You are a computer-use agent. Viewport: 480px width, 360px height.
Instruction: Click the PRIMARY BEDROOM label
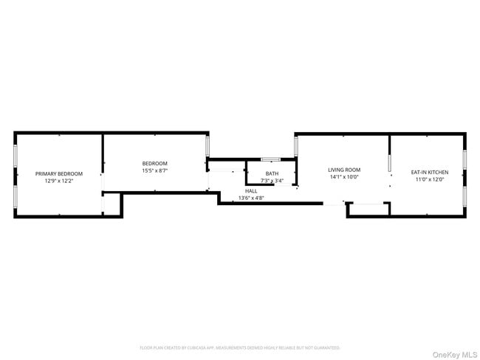[59, 173]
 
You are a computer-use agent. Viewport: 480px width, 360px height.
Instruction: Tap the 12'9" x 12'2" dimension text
[59, 180]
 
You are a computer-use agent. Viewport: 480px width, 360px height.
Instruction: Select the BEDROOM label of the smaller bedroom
[155, 163]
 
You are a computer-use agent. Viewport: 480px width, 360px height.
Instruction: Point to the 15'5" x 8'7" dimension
[155, 170]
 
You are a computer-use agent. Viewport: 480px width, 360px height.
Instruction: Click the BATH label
[272, 173]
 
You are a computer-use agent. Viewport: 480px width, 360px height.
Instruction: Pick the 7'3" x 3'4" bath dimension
[272, 181]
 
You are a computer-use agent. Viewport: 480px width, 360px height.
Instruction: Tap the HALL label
[251, 191]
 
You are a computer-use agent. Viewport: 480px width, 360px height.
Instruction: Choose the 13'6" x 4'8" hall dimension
[251, 198]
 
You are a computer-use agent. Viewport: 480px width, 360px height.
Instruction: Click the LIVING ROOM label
[344, 170]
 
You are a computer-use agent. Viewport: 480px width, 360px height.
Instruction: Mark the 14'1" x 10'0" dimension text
[344, 177]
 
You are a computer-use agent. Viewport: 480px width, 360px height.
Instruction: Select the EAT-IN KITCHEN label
[429, 173]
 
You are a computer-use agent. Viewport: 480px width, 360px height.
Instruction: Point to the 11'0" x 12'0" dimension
[429, 180]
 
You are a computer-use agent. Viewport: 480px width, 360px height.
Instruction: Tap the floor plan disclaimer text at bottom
[240, 347]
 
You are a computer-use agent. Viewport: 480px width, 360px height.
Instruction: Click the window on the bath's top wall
[270, 159]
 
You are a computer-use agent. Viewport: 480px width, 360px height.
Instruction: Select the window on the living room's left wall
[295, 146]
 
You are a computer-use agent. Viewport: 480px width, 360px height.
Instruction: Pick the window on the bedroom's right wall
[208, 145]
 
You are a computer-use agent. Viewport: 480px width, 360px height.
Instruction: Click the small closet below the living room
[368, 210]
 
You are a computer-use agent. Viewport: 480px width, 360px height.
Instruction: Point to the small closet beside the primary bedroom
[112, 204]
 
